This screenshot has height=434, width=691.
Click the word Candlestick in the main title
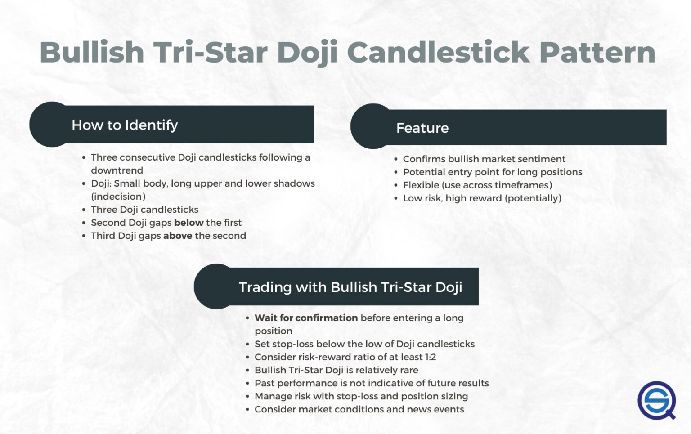[439, 53]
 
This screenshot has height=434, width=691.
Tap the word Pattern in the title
[597, 53]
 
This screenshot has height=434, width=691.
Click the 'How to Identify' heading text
[125, 125]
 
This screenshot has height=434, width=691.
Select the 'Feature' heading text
[422, 128]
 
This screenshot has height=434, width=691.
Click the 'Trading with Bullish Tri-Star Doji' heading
[350, 287]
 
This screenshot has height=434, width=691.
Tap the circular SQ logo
[656, 400]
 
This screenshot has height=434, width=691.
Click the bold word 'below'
[188, 223]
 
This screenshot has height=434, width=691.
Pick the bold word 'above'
[177, 236]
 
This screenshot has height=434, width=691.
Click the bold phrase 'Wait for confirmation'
[306, 318]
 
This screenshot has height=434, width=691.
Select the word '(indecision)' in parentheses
[118, 197]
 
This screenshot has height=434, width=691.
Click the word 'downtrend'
[117, 170]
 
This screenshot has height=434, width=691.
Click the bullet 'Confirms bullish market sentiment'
[484, 159]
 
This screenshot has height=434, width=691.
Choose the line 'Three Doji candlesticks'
[144, 210]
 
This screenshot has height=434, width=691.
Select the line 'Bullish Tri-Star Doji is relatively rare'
[336, 370]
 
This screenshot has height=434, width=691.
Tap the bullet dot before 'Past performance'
[247, 384]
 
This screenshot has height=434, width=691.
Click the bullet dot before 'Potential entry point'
[396, 172]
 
